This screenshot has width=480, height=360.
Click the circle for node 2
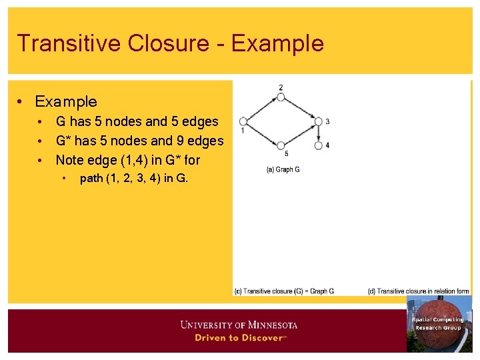281,97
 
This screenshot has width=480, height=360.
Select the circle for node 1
243,121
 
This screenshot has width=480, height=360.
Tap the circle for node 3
318,121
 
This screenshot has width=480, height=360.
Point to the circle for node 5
281,145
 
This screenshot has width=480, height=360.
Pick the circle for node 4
318,145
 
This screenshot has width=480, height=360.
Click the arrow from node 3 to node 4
318,133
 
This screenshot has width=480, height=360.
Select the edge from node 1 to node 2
262,109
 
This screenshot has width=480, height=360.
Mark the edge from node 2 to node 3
299,109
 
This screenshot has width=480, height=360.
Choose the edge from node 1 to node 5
262,133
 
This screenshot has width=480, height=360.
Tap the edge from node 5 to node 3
299,133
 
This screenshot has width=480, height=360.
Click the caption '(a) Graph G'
283,169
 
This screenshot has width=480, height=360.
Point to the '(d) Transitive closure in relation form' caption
418,291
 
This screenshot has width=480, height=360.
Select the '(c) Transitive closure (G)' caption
284,291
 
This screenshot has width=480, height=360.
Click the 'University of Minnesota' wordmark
239,325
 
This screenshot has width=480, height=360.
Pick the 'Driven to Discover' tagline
239,337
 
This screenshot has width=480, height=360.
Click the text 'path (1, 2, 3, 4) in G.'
133,178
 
